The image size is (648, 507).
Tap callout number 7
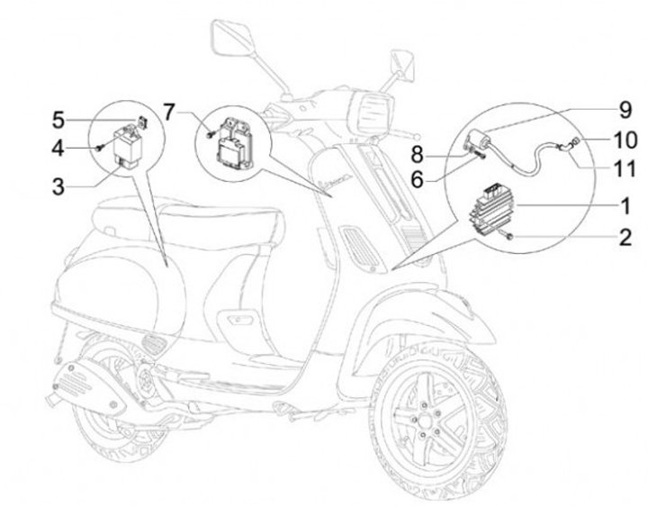(x=168, y=113)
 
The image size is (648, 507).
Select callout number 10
(x=625, y=140)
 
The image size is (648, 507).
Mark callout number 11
(x=625, y=167)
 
